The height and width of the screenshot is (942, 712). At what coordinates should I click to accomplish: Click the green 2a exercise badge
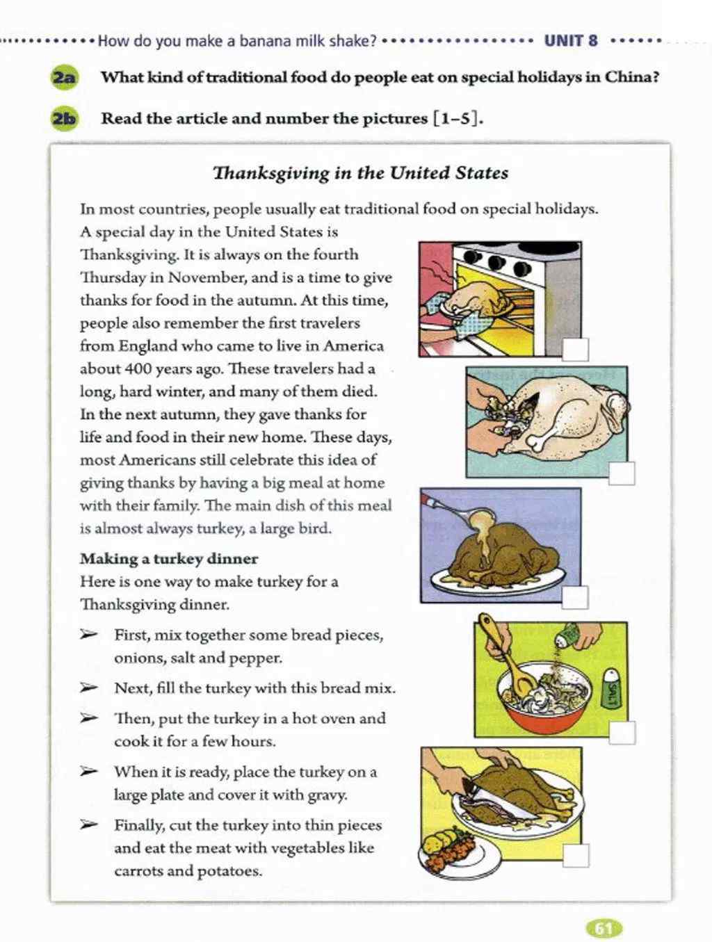(x=64, y=77)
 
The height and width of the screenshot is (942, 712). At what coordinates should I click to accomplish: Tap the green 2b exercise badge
(x=64, y=119)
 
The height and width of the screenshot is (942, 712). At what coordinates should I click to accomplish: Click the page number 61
(x=604, y=928)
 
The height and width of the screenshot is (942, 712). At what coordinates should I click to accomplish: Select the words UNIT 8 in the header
(x=571, y=40)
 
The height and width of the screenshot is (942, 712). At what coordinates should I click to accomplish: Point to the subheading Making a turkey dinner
(x=168, y=559)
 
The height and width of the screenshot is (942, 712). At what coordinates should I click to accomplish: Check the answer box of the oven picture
(x=575, y=349)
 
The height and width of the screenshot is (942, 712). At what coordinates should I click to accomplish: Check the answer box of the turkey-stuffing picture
(x=622, y=473)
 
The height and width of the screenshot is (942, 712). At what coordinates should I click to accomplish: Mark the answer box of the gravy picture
(x=574, y=597)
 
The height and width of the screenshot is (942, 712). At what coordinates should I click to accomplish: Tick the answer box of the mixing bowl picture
(x=622, y=732)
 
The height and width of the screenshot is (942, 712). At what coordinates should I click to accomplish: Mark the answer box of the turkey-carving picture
(x=576, y=855)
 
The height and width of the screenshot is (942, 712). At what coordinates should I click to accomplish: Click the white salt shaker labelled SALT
(x=612, y=688)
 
